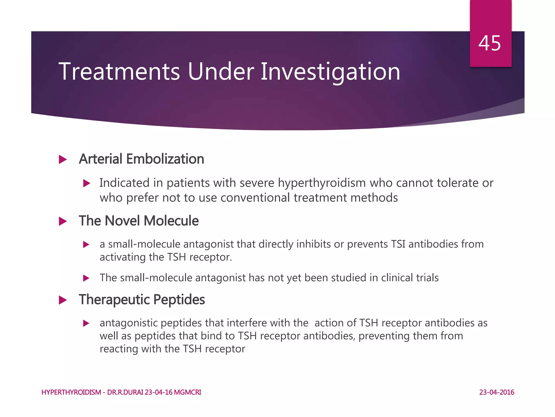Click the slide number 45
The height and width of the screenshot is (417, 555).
(489, 43)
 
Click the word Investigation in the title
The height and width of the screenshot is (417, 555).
(330, 72)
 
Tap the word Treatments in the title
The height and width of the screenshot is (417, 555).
(119, 72)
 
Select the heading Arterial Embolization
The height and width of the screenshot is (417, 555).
(141, 159)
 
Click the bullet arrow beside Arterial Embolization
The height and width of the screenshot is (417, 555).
(63, 160)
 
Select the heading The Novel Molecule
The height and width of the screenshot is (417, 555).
(138, 221)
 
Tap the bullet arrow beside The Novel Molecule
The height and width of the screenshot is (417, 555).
(63, 222)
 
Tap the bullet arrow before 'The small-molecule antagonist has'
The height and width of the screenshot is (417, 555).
(86, 278)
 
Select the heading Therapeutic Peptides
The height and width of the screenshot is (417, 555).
(142, 300)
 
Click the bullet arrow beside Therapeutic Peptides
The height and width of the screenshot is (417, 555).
(63, 300)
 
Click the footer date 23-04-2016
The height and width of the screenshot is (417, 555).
(496, 392)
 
